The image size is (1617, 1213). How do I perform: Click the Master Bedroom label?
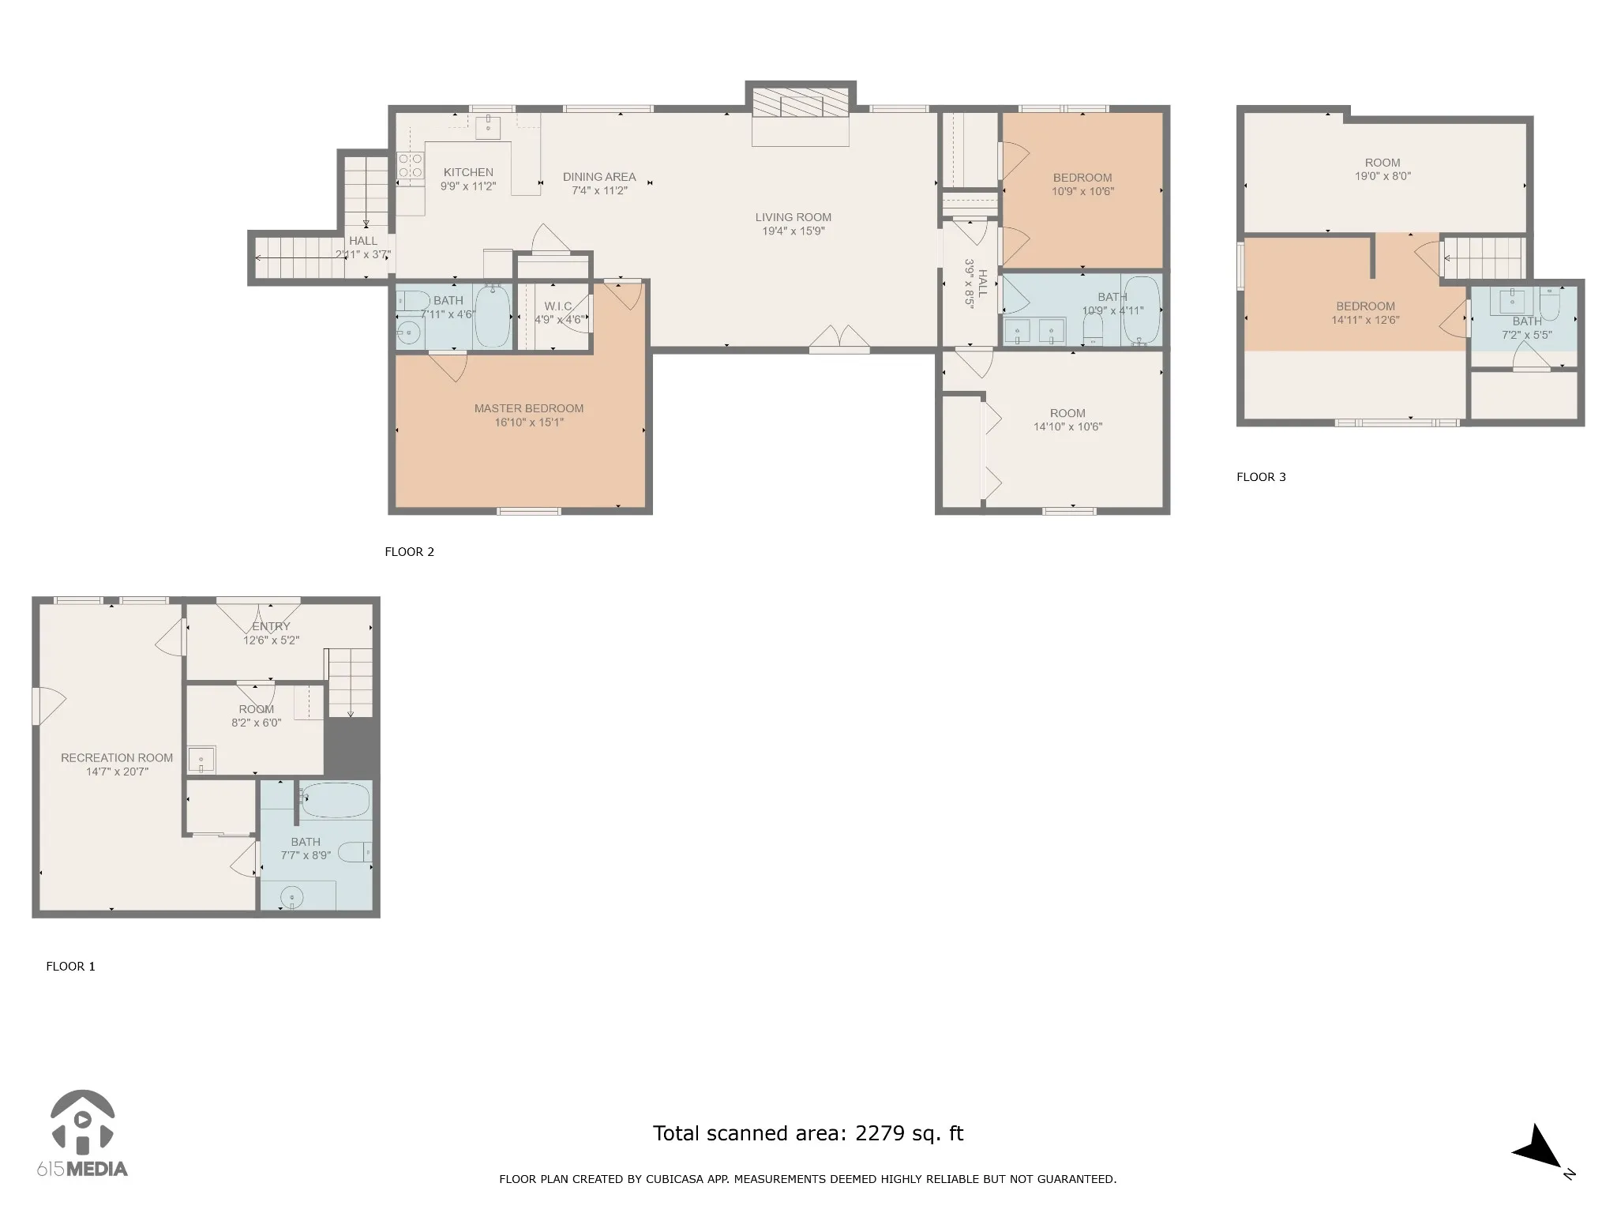coord(529,408)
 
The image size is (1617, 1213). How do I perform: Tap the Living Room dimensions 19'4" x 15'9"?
coord(793,231)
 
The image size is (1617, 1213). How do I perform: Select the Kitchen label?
coord(468,172)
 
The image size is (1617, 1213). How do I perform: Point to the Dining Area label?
coord(599,177)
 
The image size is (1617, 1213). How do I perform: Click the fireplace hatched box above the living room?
coord(801,103)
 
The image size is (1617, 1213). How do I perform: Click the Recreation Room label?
coord(117,758)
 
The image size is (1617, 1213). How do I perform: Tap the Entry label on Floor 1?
coord(272,626)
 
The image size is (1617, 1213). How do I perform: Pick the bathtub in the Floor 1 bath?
coord(336,800)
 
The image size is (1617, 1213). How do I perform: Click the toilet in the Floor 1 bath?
coord(355,853)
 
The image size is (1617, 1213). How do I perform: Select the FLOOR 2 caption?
coord(409,552)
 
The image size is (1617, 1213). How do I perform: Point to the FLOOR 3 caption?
coord(1261,477)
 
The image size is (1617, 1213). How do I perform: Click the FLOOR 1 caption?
coord(70,967)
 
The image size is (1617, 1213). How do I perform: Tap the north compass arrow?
coord(1538,1148)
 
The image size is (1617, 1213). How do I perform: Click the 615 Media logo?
coord(82,1133)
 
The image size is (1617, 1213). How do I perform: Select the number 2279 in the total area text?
coord(880,1134)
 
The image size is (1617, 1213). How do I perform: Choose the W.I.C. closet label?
coord(558,306)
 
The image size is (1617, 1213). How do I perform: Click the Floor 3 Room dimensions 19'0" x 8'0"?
coord(1383,177)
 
